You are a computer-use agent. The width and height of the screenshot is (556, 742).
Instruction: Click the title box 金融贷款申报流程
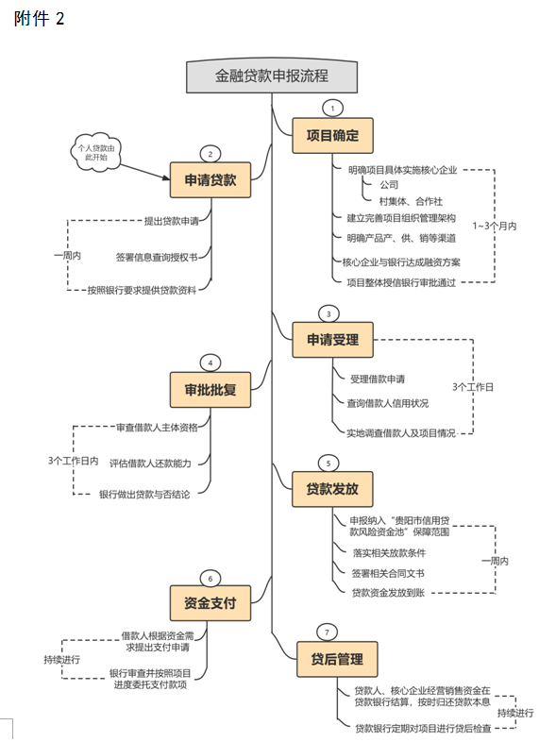(272, 76)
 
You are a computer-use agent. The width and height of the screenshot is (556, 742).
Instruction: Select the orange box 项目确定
(332, 136)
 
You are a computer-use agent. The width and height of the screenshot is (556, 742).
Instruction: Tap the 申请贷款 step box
(211, 179)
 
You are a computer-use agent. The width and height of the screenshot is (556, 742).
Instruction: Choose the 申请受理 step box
(332, 340)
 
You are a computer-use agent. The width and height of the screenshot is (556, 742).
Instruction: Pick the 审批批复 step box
(211, 390)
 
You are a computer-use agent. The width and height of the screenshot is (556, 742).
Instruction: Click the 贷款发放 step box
(332, 489)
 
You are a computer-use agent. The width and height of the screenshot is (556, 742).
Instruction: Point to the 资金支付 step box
(211, 603)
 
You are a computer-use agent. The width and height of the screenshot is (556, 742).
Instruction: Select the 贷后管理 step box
(337, 659)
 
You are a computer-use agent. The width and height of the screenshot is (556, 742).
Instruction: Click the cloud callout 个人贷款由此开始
(96, 152)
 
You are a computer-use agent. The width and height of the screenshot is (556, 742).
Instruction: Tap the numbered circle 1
(332, 109)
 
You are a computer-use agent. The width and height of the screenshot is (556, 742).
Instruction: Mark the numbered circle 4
(211, 363)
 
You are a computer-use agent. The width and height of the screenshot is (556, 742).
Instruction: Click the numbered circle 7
(327, 632)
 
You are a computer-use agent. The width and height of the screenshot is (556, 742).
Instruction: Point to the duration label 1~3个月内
(495, 226)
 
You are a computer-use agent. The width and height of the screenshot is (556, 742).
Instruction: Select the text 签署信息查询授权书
(157, 257)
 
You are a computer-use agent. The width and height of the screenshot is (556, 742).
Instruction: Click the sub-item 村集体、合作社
(411, 202)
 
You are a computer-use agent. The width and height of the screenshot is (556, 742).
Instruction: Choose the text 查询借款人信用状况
(388, 403)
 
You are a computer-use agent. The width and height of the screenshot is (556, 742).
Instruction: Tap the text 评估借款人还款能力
(150, 464)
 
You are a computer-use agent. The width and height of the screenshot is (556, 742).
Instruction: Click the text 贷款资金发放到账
(388, 593)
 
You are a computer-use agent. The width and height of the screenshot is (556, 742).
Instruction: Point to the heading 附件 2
(39, 19)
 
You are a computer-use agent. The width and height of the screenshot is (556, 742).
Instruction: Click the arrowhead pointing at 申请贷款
(166, 177)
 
